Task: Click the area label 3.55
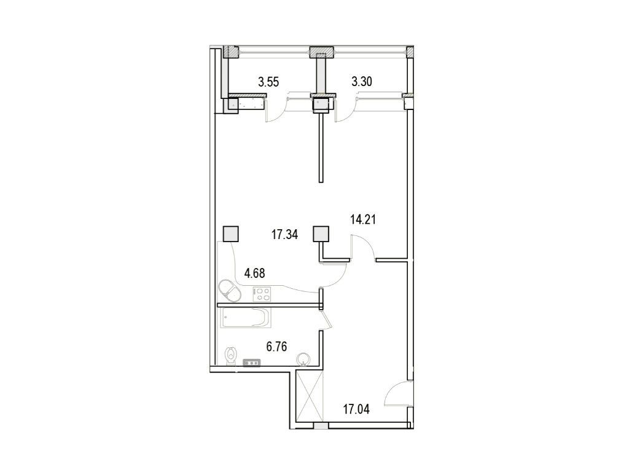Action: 268,82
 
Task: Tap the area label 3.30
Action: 362,82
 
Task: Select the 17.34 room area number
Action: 285,235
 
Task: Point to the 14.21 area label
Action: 363,219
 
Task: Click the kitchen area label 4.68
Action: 255,273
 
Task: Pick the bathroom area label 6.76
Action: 277,347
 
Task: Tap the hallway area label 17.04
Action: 356,410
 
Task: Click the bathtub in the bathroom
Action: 245,318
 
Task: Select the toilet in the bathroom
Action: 231,356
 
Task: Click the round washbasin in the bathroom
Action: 303,358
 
